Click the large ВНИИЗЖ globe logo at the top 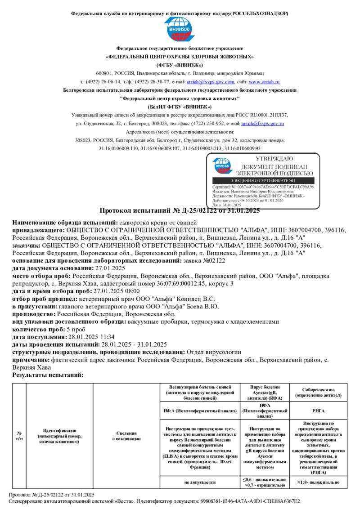[180, 30]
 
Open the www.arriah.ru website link [264, 82]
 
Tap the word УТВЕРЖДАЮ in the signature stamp [274, 159]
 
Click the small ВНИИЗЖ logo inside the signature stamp [223, 165]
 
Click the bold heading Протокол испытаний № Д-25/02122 [180, 211]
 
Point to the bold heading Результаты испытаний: [48, 375]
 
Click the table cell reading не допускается [200, 482]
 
